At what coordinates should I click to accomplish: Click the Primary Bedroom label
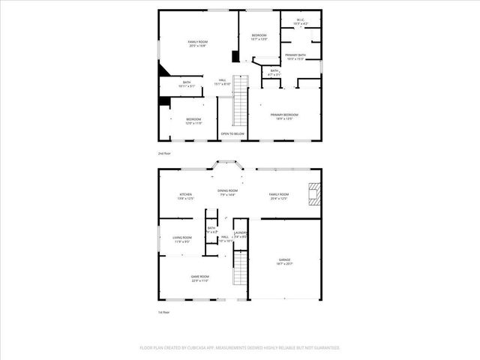(x=285, y=115)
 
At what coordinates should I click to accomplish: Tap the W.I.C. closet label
(x=300, y=22)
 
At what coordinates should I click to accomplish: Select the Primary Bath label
(x=295, y=57)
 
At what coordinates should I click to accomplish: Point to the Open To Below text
(x=232, y=133)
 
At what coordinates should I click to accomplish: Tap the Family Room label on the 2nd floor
(x=198, y=43)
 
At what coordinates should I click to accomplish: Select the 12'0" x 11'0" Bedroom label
(x=193, y=121)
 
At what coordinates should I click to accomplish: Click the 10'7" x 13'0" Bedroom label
(x=259, y=37)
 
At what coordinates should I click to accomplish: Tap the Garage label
(x=286, y=262)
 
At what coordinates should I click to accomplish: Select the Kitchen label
(x=185, y=196)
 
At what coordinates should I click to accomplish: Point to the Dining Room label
(x=227, y=193)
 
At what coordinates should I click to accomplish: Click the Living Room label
(x=182, y=239)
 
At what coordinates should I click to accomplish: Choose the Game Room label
(x=199, y=278)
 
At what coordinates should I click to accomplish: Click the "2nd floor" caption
(x=163, y=153)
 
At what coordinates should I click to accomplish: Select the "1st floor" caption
(x=163, y=312)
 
